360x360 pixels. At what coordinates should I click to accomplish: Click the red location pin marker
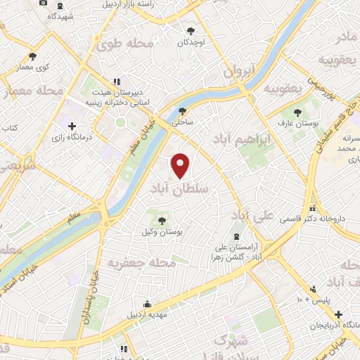pos(181,166)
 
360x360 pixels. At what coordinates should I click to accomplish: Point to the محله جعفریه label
pos(141,262)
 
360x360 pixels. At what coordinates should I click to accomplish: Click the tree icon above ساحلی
pos(183,110)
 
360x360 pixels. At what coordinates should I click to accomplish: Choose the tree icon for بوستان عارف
pos(295,112)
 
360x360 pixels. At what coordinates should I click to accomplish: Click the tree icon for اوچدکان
pos(191,30)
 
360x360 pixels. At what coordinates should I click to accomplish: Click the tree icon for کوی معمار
pos(32,56)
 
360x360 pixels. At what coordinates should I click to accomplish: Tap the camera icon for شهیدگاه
pos(44,3)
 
